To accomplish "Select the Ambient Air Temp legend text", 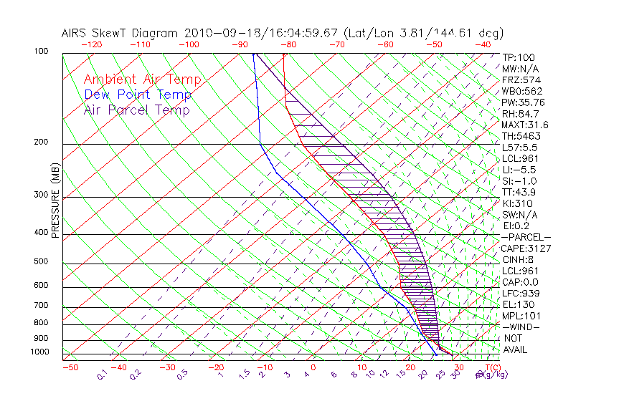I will pyautogui.click(x=142, y=79).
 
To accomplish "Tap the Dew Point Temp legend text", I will pyautogui.click(x=138, y=95).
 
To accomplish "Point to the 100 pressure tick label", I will pyautogui.click(x=41, y=52).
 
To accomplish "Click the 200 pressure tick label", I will pyautogui.click(x=41, y=142).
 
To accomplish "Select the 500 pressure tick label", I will pyautogui.click(x=41, y=262).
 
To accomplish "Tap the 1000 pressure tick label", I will pyautogui.click(x=39, y=352).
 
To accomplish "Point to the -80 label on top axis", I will pyautogui.click(x=288, y=44).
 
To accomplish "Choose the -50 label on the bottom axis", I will pyautogui.click(x=70, y=367).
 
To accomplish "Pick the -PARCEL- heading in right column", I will pyautogui.click(x=526, y=237).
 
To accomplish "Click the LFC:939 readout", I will pyautogui.click(x=521, y=294).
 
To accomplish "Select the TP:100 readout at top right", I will pyautogui.click(x=519, y=57).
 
